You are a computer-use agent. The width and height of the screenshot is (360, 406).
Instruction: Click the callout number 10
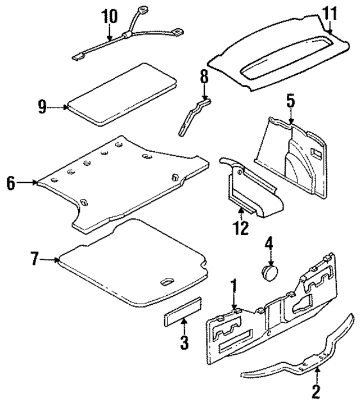[x=110, y=16]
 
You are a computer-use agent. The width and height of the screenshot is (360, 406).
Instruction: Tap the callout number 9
[x=42, y=107]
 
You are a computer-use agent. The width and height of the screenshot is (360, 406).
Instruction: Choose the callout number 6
[x=11, y=183]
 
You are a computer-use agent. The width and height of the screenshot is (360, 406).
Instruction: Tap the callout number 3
[x=184, y=341]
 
